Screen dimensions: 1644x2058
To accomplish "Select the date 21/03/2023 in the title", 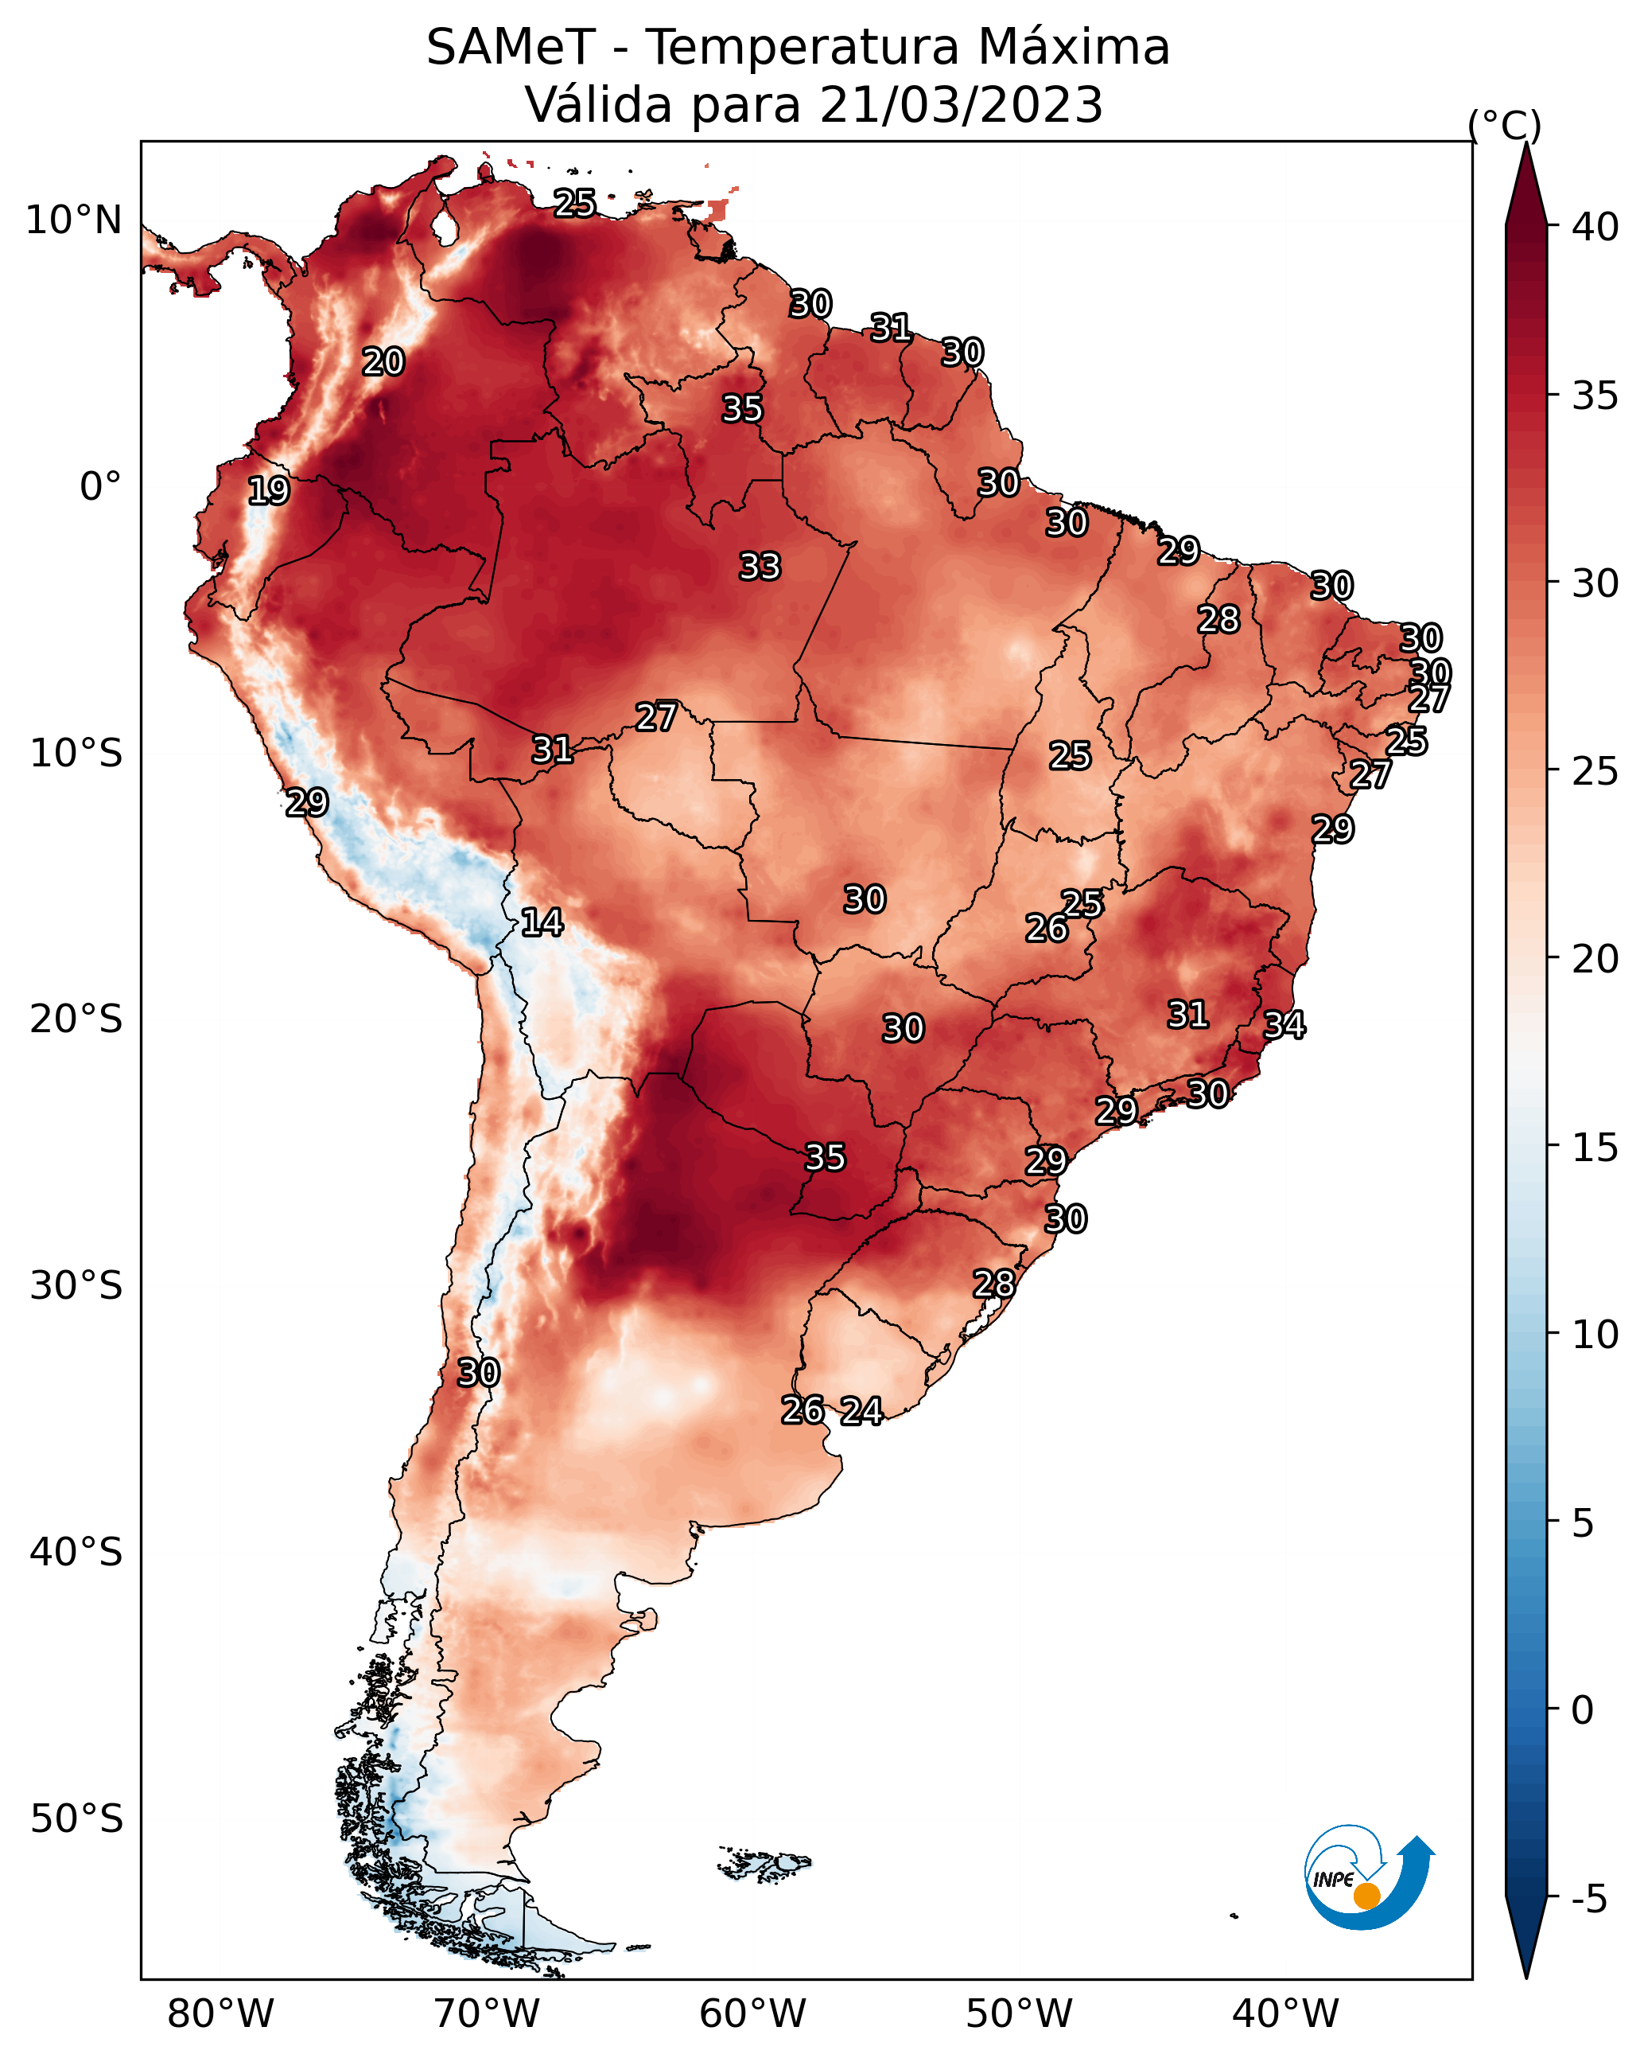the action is click(x=961, y=105).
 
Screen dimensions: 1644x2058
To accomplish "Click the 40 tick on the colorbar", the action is click(x=1595, y=227).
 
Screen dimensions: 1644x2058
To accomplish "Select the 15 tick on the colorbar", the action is click(x=1595, y=1148).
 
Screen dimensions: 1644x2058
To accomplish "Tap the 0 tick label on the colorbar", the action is click(x=1583, y=1710).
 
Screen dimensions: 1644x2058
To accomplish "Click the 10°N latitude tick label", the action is click(x=73, y=220).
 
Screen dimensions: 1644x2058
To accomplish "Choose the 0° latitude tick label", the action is click(x=101, y=486).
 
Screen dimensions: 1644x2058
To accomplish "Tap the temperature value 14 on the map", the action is click(x=542, y=922).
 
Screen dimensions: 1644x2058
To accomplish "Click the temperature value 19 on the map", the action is click(x=268, y=491).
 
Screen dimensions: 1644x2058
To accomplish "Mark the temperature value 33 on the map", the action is click(x=760, y=567).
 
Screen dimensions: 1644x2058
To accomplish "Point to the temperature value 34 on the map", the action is click(x=1284, y=1025).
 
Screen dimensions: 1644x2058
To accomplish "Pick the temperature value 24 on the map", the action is click(x=861, y=1411).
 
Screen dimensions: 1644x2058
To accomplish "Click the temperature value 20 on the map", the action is click(x=383, y=362).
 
